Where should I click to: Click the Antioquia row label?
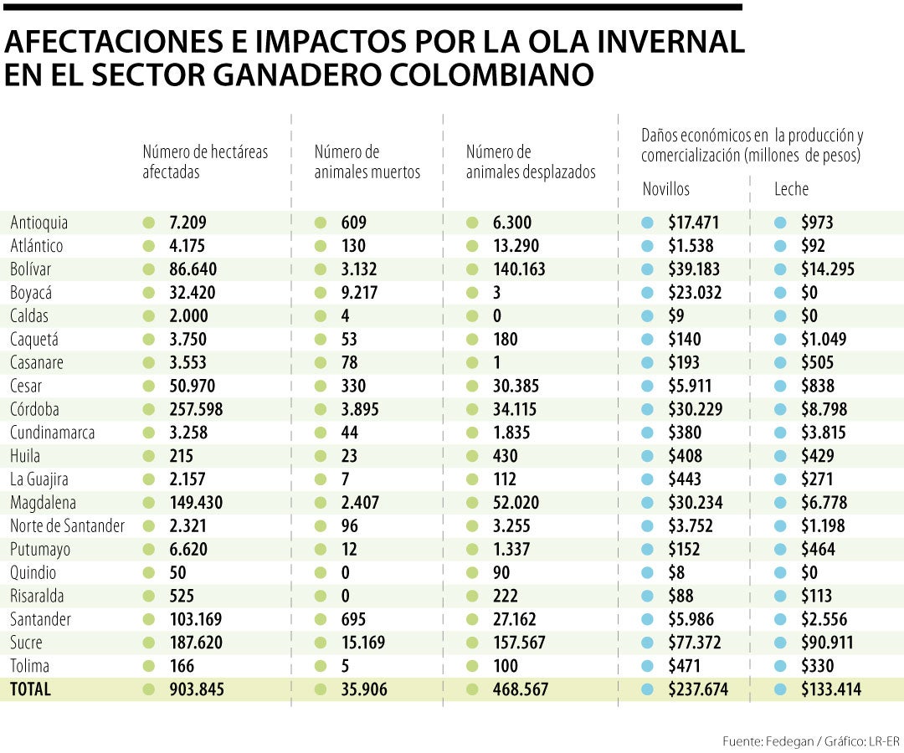pyautogui.click(x=39, y=223)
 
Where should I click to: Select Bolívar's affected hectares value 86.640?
pyautogui.click(x=193, y=269)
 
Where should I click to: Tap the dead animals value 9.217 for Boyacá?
pyautogui.click(x=360, y=293)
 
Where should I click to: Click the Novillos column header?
pyautogui.click(x=666, y=189)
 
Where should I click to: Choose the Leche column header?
pyautogui.click(x=791, y=189)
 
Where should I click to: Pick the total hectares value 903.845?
pyautogui.click(x=196, y=689)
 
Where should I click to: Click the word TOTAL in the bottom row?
pyautogui.click(x=30, y=689)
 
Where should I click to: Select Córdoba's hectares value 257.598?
pyautogui.click(x=197, y=410)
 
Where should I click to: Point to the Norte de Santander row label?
pyautogui.click(x=68, y=526)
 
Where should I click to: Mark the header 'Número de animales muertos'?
pyautogui.click(x=367, y=162)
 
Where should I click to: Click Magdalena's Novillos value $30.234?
pyautogui.click(x=696, y=503)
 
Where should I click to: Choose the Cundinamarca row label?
pyautogui.click(x=53, y=433)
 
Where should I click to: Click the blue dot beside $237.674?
pyautogui.click(x=647, y=689)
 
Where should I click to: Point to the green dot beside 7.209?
pyautogui.click(x=149, y=223)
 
